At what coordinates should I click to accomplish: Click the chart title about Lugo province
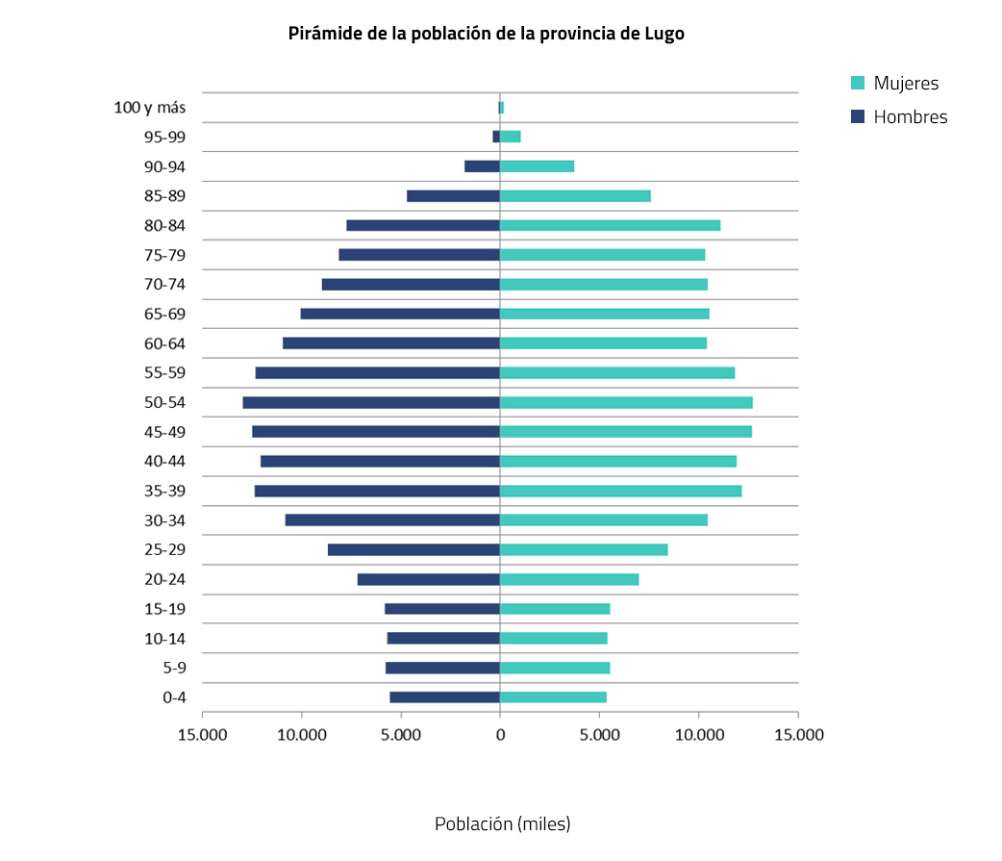pyautogui.click(x=486, y=34)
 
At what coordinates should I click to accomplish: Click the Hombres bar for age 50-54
pyautogui.click(x=371, y=402)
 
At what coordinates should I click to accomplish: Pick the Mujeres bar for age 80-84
pyautogui.click(x=610, y=225)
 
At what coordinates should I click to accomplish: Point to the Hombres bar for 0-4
pyautogui.click(x=444, y=697)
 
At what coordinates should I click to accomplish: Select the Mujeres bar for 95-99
pyautogui.click(x=510, y=137)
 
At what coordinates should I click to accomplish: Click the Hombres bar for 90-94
pyautogui.click(x=482, y=166)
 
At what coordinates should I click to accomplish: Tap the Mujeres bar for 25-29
pyautogui.click(x=584, y=549)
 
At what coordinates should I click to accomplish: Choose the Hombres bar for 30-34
pyautogui.click(x=392, y=520)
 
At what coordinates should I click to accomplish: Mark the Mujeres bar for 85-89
pyautogui.click(x=575, y=196)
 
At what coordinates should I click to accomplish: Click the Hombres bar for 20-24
pyautogui.click(x=428, y=579)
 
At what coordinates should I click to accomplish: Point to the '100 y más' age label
pyautogui.click(x=150, y=108)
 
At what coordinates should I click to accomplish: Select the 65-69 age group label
pyautogui.click(x=164, y=314)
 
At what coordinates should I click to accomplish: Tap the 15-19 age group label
pyautogui.click(x=164, y=609)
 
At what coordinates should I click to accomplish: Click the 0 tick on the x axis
pyautogui.click(x=500, y=736)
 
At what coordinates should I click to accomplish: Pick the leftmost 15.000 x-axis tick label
pyautogui.click(x=202, y=736)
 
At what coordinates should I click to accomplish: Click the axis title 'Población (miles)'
pyautogui.click(x=502, y=824)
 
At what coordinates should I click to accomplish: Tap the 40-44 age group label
pyautogui.click(x=164, y=462)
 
